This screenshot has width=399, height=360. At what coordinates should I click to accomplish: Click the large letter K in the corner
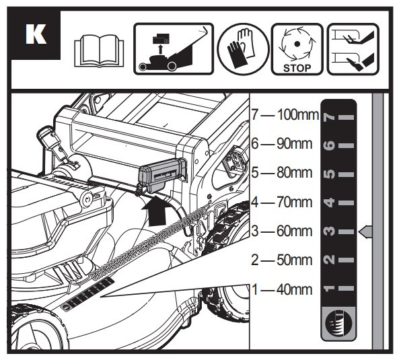pos(36,34)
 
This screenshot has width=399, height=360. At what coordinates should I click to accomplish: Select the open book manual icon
pos(99,50)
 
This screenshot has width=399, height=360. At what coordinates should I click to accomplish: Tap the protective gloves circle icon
pos(243,50)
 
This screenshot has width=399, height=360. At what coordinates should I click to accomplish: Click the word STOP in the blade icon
pos(297,68)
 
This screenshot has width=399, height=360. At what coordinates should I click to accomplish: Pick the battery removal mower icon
pos(174,49)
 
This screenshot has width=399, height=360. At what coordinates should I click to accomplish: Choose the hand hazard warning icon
pos(353,49)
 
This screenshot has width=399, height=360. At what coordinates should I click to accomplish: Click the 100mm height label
pos(297,115)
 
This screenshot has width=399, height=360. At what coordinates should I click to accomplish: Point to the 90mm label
pos(295,144)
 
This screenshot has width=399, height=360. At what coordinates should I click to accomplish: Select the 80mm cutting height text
pos(295,172)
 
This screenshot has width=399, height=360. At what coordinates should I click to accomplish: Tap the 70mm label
pos(295,202)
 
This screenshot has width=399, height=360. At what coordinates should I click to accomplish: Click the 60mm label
pos(295,231)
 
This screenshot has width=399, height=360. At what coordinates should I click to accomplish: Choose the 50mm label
pos(295,260)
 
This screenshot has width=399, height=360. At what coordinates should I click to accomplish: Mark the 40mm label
pos(295,289)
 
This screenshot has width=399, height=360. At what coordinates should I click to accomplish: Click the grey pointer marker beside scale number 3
pos(365,231)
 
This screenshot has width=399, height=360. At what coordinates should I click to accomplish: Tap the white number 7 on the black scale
pos(330,117)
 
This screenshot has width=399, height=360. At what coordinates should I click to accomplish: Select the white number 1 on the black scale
pos(330,289)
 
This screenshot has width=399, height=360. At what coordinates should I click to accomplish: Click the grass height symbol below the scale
pos(338,324)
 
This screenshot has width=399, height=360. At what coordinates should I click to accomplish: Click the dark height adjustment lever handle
pos(163,174)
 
